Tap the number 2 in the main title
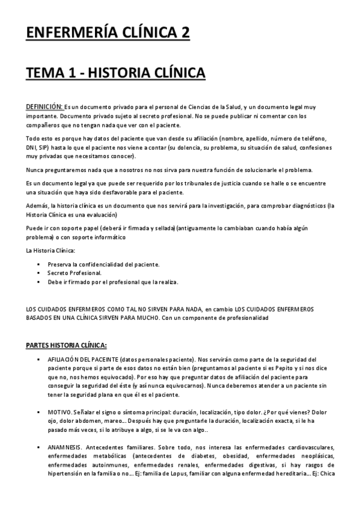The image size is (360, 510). point(183,31)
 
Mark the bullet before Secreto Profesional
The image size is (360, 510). point(38,272)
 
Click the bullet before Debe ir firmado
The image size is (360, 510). point(38,281)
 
